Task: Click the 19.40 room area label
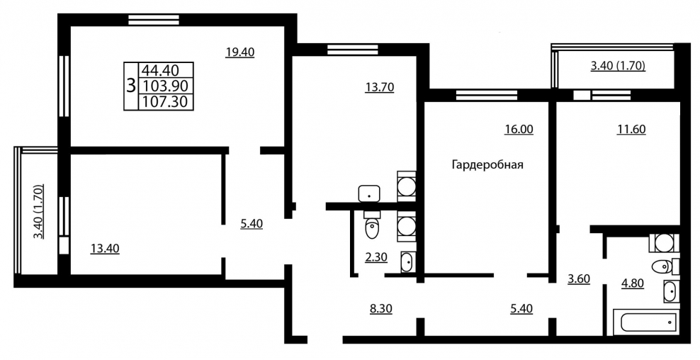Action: [x=239, y=52]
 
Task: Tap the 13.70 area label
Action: [x=380, y=87]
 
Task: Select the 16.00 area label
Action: [x=519, y=129]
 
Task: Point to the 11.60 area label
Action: [x=631, y=129]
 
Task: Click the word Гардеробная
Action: [x=487, y=165]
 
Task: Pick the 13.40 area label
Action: [x=105, y=248]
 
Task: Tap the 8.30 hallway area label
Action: [x=381, y=308]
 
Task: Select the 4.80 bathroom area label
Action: [x=633, y=283]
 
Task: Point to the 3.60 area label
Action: [x=579, y=279]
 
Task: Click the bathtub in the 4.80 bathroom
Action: [x=646, y=322]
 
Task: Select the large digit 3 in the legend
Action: [x=131, y=85]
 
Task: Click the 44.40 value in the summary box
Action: [x=160, y=70]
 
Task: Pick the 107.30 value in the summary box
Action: [x=164, y=102]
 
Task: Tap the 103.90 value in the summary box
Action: [x=164, y=86]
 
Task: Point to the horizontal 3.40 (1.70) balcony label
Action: [x=619, y=67]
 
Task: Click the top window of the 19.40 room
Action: [x=154, y=20]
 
